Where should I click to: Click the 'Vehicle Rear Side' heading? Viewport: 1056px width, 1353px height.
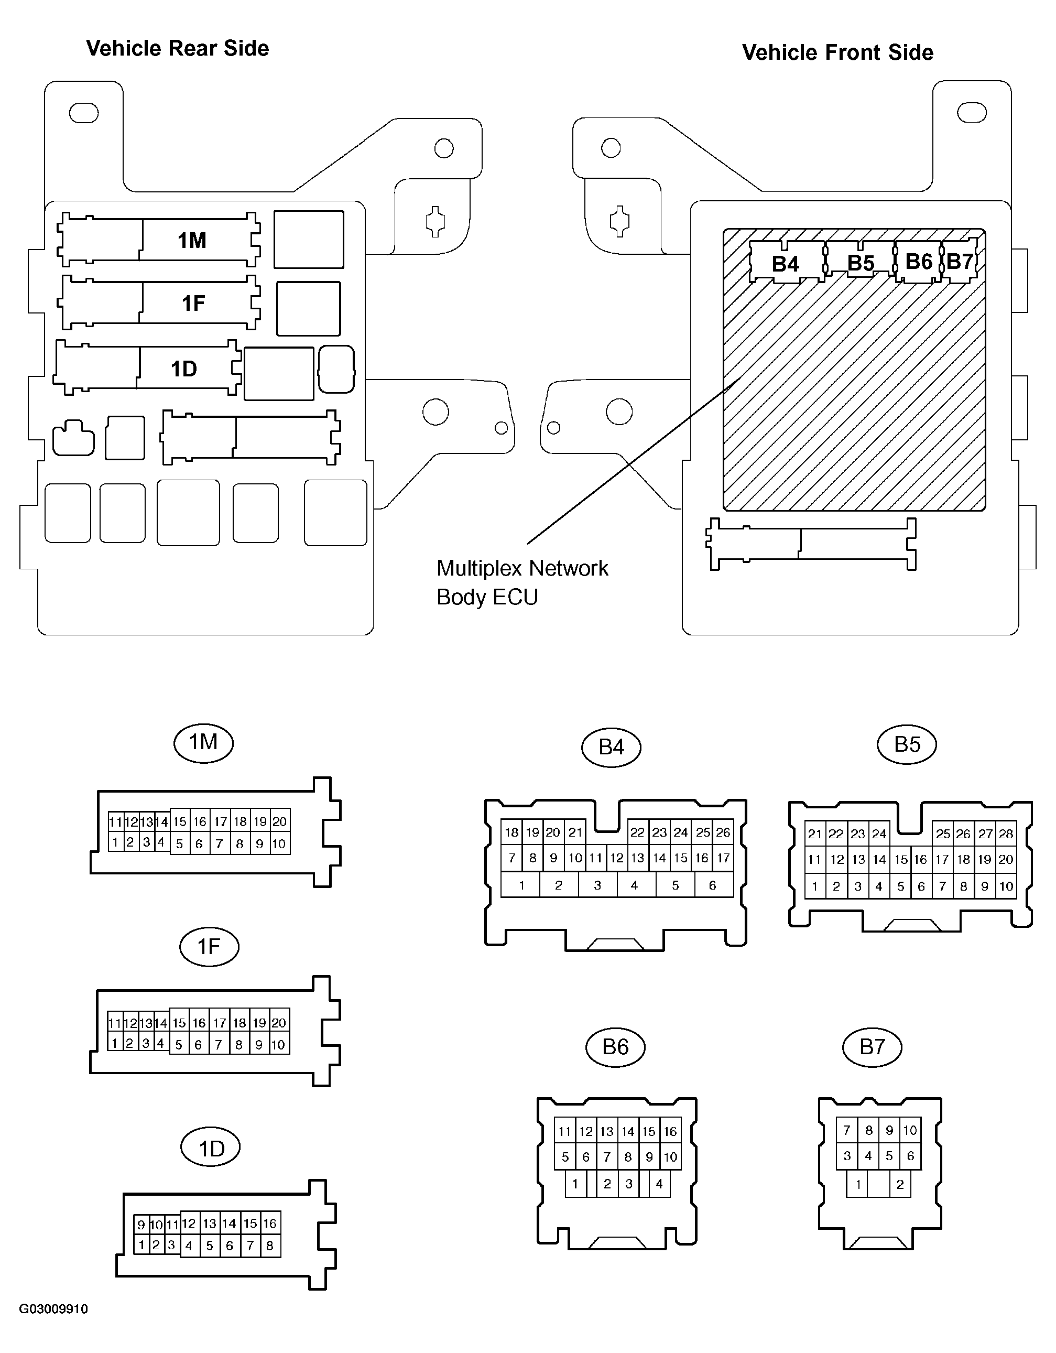(x=177, y=48)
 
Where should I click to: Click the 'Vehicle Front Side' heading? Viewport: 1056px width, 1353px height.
(x=837, y=52)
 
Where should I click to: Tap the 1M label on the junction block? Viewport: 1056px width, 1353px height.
(x=192, y=241)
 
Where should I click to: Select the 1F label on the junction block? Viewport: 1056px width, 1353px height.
(x=193, y=303)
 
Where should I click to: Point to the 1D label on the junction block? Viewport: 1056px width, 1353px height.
(x=184, y=369)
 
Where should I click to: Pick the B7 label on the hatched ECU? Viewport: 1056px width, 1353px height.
(x=960, y=262)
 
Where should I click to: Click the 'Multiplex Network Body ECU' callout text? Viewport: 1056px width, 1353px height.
(x=522, y=582)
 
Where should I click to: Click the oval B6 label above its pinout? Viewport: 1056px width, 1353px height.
(x=616, y=1047)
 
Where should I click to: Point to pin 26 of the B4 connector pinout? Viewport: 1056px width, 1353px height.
(x=723, y=832)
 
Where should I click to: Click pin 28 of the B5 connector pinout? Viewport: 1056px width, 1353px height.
(x=1006, y=834)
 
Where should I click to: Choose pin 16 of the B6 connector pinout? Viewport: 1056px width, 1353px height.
(x=671, y=1131)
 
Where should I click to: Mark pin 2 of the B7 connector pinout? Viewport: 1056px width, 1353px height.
(x=900, y=1185)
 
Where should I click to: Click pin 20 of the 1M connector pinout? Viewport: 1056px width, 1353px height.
(x=280, y=821)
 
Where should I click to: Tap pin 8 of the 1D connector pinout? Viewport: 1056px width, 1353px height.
(x=270, y=1246)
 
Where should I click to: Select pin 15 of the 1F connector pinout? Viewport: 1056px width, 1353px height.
(x=180, y=1023)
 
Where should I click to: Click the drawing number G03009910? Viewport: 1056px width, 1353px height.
(x=53, y=1309)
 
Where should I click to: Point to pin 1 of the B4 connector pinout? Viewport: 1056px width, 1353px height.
(x=521, y=885)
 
